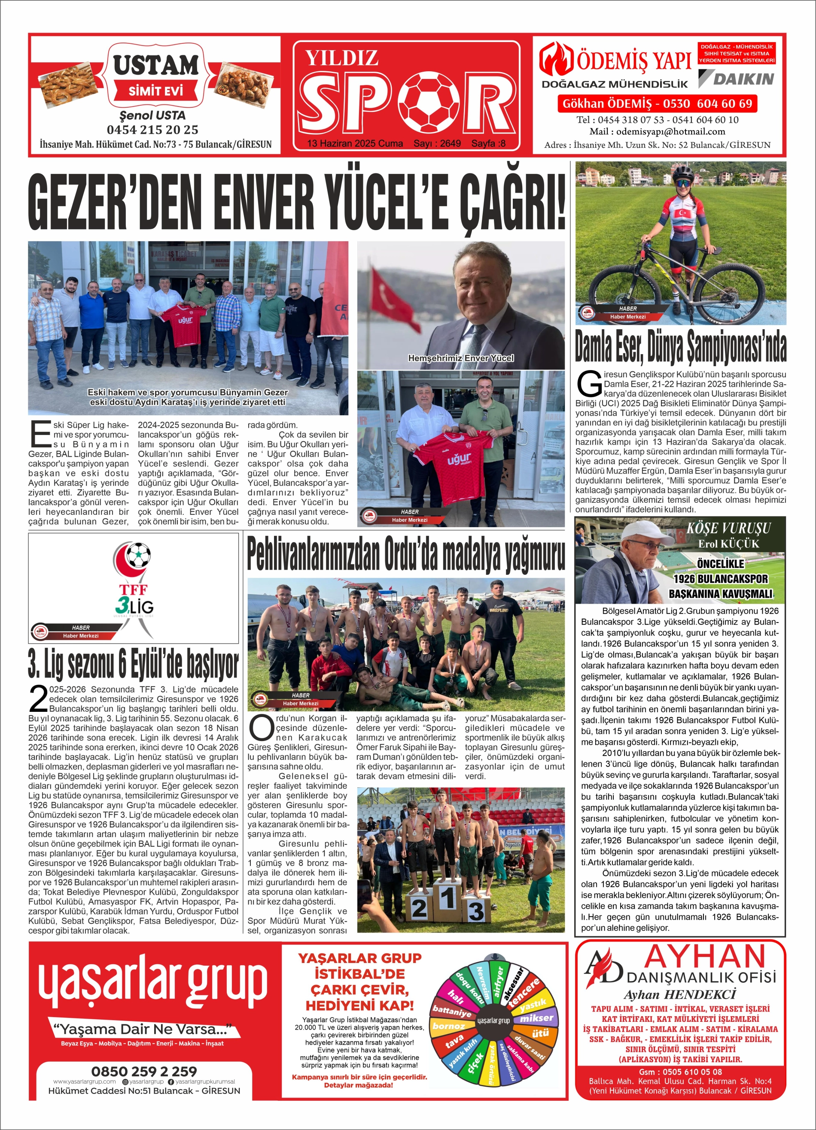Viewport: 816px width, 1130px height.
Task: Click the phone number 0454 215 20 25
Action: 152,130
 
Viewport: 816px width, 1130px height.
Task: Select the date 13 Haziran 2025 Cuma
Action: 354,143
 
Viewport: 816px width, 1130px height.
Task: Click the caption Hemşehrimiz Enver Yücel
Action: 460,358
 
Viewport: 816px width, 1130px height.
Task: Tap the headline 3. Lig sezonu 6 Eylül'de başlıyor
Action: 133,665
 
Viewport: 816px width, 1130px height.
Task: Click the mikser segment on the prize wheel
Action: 536,1018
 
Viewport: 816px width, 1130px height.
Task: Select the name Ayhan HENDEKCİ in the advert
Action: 680,994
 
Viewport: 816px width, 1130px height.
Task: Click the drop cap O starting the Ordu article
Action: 260,727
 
